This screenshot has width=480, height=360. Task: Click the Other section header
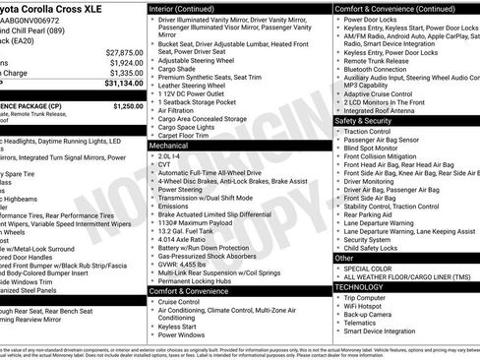pos(344,258)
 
